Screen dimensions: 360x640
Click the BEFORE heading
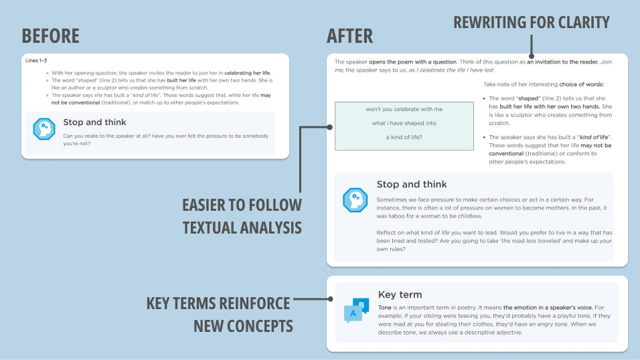click(x=50, y=35)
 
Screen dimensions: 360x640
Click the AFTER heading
click(x=349, y=35)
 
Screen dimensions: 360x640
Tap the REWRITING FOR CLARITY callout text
click(x=532, y=22)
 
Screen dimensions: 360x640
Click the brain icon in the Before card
click(x=44, y=128)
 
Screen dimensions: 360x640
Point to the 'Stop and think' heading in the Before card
click(x=94, y=122)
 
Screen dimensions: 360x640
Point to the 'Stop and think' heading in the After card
click(x=412, y=185)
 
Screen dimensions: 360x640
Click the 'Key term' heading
click(x=400, y=294)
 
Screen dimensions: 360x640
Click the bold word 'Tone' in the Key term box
click(x=386, y=308)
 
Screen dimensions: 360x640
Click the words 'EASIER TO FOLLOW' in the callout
click(x=242, y=205)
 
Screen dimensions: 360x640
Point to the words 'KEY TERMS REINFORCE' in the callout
click(x=218, y=303)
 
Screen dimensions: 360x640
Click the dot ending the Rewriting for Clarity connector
click(x=531, y=57)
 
